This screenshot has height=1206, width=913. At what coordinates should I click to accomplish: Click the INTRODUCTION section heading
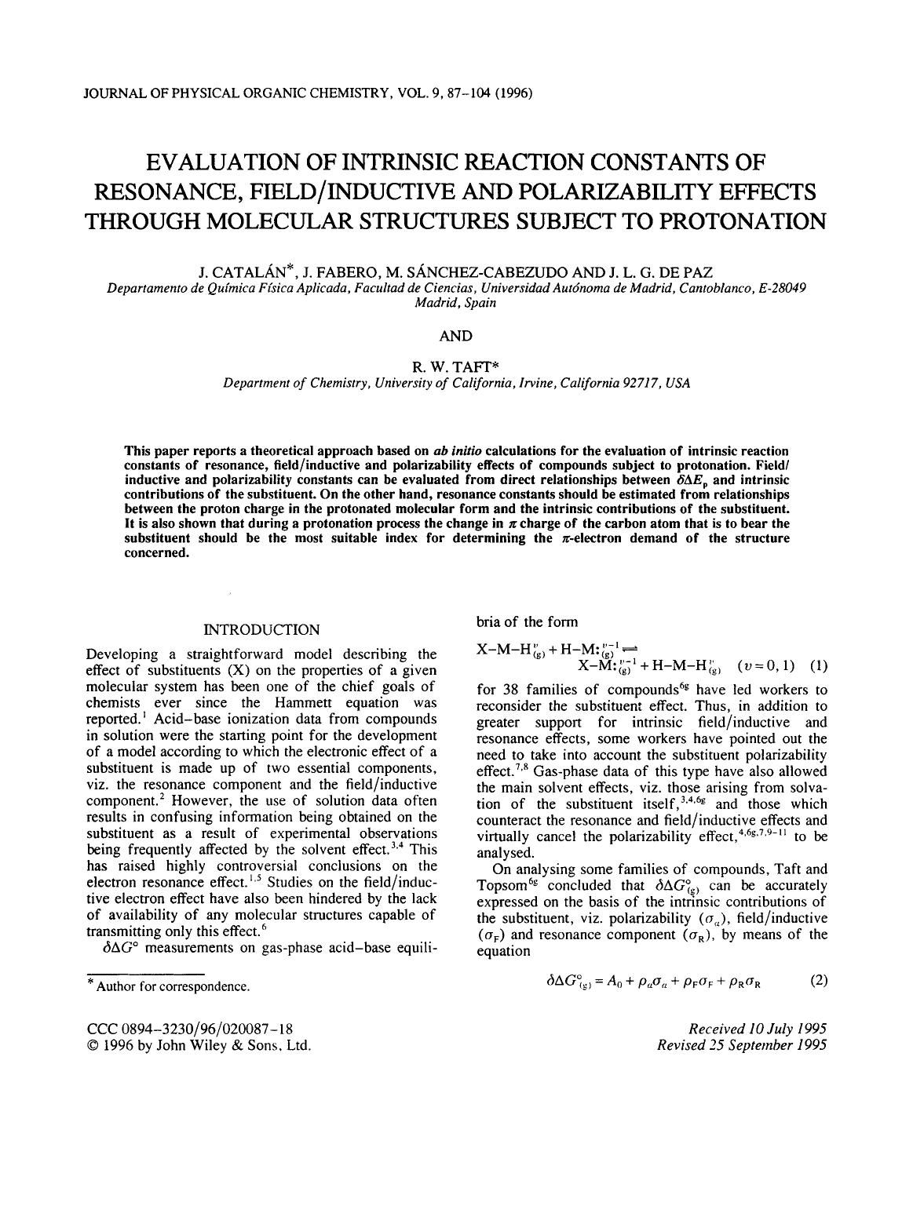261,629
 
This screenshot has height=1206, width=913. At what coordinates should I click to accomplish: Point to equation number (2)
818,980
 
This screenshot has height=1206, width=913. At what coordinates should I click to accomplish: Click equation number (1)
818,666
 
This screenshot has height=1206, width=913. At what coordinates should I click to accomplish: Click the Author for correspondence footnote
172,986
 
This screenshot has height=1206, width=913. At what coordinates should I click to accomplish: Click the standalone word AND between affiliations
455,336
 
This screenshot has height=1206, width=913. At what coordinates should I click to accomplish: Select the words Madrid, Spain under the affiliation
455,303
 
